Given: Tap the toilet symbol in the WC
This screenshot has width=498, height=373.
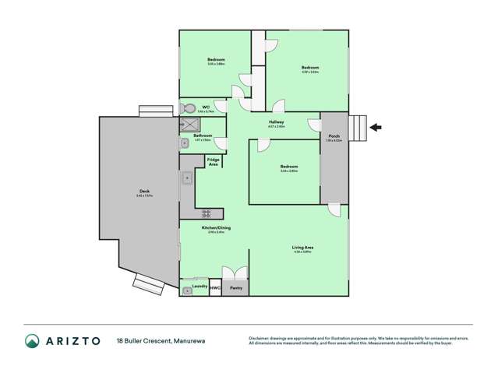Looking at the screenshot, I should [x=185, y=108].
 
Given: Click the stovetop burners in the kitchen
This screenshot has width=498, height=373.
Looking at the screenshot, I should [x=207, y=213].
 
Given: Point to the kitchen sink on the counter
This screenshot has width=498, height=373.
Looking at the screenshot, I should [x=187, y=179].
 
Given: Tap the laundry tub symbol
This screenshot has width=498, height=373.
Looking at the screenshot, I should [x=187, y=290].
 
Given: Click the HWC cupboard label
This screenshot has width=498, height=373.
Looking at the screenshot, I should [x=216, y=289].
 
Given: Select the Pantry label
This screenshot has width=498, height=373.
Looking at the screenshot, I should [x=236, y=289].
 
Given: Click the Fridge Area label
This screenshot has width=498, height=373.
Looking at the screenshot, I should [x=213, y=161].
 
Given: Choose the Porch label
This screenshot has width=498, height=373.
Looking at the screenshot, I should [x=334, y=138].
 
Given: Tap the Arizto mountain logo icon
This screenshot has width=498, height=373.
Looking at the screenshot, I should [x=33, y=340].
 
